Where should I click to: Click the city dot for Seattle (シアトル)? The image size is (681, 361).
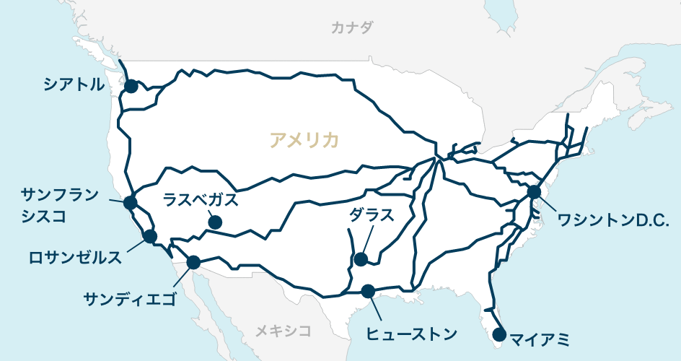point(131,86)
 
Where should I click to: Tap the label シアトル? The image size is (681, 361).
point(73,85)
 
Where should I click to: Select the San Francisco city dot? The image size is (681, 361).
point(131,202)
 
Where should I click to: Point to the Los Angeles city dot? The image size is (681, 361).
point(150,236)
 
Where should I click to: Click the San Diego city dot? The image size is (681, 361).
point(193,262)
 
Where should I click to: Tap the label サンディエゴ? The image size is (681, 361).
point(130,297)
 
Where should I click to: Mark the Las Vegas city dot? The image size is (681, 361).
point(215,223)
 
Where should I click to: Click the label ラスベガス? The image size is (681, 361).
point(200,199)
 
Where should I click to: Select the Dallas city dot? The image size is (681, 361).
point(361,258)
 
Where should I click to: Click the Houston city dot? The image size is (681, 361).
point(368,291)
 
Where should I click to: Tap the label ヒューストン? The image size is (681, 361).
point(412,334)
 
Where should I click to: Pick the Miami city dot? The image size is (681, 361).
point(498,334)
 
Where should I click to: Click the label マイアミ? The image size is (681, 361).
point(540,338)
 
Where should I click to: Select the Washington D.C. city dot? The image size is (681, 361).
point(534,192)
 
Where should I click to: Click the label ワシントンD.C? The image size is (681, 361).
point(615,219)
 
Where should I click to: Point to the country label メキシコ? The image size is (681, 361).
point(284,331)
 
